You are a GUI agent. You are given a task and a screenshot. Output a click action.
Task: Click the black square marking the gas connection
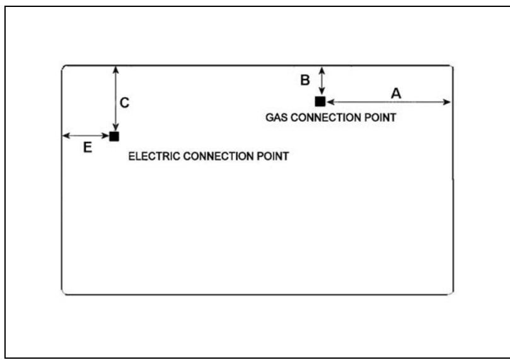tap(320, 102)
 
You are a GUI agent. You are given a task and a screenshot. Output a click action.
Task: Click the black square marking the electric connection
tap(114, 136)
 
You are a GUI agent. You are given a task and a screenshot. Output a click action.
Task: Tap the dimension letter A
tap(396, 93)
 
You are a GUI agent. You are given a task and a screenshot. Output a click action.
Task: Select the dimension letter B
tap(304, 80)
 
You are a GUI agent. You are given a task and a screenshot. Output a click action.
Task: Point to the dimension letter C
tap(125, 102)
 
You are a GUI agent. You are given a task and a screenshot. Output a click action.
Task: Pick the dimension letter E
tap(88, 148)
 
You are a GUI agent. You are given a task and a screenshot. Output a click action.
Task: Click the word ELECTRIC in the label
tap(154, 156)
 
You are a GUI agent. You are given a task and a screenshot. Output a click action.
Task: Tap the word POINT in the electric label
tap(272, 156)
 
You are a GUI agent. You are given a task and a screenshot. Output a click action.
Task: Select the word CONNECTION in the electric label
tap(219, 156)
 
